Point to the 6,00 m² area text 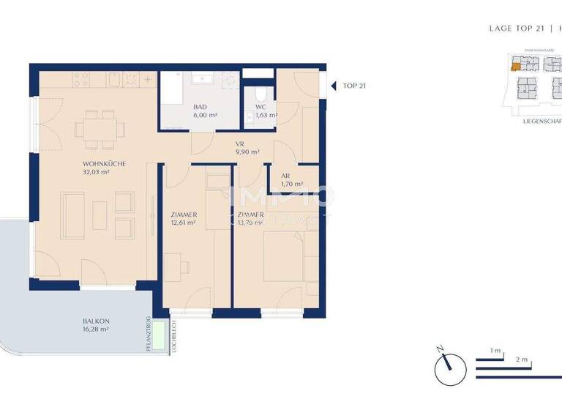pyautogui.click(x=206, y=115)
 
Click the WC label pyautogui.click(x=261, y=107)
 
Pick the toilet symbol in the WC pyautogui.click(x=261, y=96)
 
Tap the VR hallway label pyautogui.click(x=239, y=143)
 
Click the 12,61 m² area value pyautogui.click(x=184, y=223)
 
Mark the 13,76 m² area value pyautogui.click(x=251, y=223)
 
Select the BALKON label pyautogui.click(x=96, y=321)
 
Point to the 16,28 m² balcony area pyautogui.click(x=96, y=330)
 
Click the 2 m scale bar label pyautogui.click(x=522, y=360)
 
